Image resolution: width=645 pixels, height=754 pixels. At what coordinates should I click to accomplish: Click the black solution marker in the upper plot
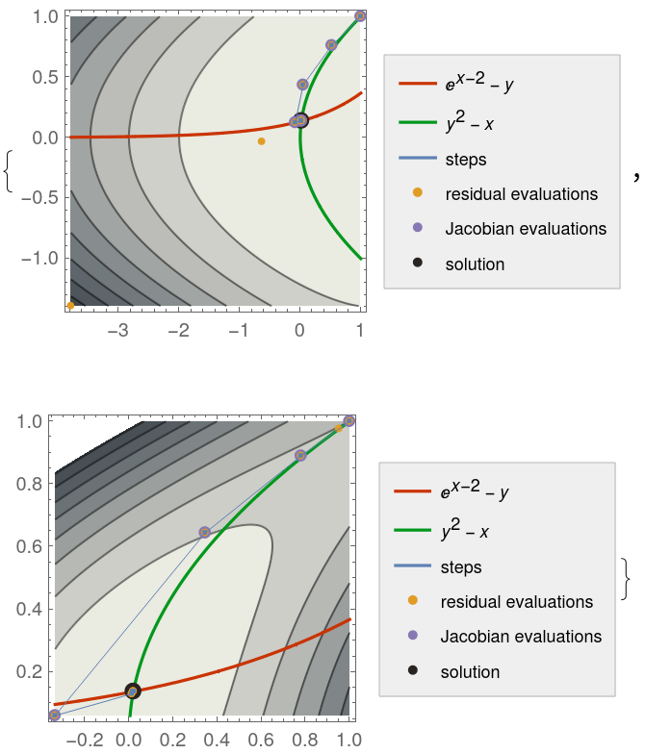pos(300,120)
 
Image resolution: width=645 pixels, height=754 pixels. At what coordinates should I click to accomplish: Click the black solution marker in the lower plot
pos(133,691)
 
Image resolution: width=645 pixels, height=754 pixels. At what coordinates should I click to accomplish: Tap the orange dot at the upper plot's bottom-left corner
pos(70,305)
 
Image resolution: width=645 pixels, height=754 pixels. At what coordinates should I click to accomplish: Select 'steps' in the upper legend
pos(466,160)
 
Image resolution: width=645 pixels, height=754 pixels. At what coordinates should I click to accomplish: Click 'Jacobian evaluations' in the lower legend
pos(521,637)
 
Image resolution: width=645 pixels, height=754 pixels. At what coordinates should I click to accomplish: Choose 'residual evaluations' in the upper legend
pos(521,194)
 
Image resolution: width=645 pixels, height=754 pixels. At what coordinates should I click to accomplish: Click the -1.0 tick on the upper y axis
pos(44,258)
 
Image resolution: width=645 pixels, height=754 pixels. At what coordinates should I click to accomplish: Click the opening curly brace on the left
pos(9,170)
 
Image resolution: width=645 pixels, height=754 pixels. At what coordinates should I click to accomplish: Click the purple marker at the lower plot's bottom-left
pos(54,715)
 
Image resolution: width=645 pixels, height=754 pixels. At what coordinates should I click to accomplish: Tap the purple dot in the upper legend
pos(417,229)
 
